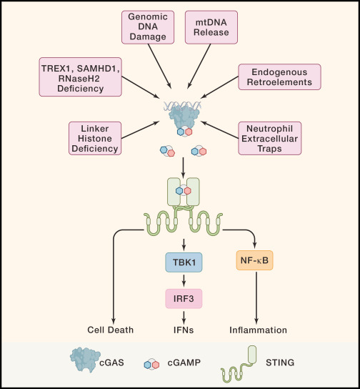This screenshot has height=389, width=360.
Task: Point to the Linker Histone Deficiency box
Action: click(x=94, y=138)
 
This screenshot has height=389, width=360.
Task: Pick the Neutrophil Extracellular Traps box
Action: click(x=269, y=138)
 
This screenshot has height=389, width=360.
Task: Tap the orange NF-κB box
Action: click(x=255, y=262)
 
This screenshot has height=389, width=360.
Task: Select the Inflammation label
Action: click(x=258, y=330)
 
